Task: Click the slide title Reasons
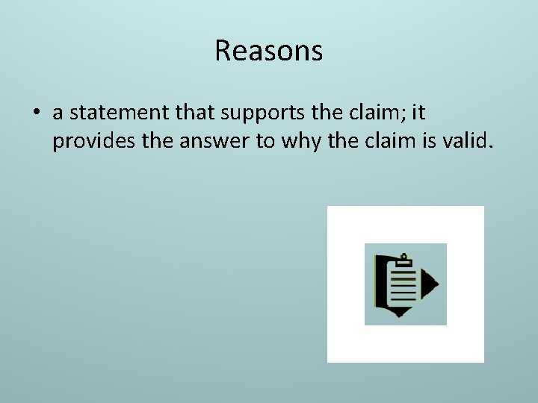[268, 51]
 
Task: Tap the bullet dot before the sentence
[35, 113]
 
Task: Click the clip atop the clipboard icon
[404, 260]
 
